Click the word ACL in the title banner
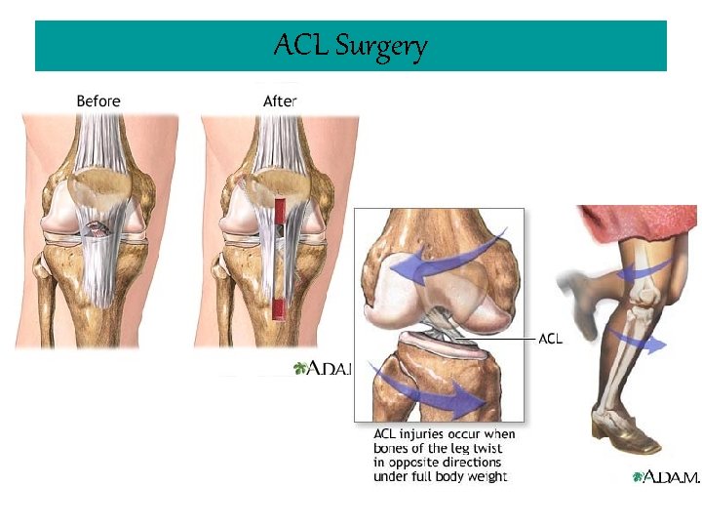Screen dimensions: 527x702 pyautogui.click(x=301, y=45)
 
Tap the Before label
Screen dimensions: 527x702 pyautogui.click(x=98, y=101)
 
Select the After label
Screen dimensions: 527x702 pyautogui.click(x=280, y=101)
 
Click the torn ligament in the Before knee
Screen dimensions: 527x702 pyautogui.click(x=97, y=230)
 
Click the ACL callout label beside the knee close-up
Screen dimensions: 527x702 pyautogui.click(x=552, y=339)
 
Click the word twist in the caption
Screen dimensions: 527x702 pyautogui.click(x=485, y=448)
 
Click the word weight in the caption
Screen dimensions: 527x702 pyautogui.click(x=487, y=476)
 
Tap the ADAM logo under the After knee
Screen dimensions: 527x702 pyautogui.click(x=321, y=368)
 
